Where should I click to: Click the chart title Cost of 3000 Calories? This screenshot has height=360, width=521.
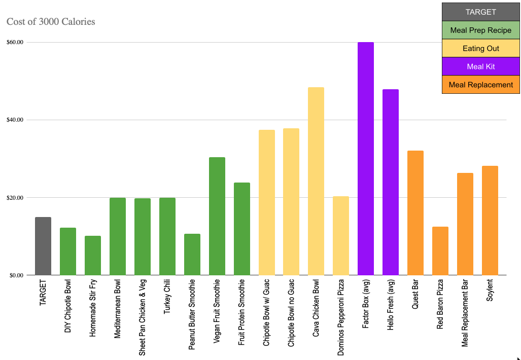tap(51, 22)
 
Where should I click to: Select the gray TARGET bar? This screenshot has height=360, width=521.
tap(43, 246)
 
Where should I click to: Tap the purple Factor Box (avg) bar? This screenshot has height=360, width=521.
tap(366, 159)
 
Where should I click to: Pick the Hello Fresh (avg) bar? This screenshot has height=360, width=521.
tap(391, 183)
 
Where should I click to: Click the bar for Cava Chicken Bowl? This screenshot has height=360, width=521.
tap(316, 181)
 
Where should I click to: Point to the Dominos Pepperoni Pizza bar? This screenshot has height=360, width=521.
tap(341, 236)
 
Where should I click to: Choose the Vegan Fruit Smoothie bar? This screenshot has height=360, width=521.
tap(217, 216)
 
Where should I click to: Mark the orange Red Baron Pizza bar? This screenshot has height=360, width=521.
tap(440, 251)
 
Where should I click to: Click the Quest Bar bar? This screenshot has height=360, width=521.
tap(415, 213)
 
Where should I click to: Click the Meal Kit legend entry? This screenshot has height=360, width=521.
tap(481, 66)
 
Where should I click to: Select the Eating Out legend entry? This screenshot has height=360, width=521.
tap(481, 49)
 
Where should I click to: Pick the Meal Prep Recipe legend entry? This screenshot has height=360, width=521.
tap(481, 30)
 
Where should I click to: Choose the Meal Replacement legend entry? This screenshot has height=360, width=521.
tap(481, 85)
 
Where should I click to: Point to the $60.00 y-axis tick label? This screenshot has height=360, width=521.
tap(15, 43)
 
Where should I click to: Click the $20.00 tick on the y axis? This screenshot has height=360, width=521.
tap(15, 198)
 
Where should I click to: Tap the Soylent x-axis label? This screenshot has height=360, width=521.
tap(490, 291)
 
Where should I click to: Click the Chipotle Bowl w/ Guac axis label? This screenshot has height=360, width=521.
tap(267, 312)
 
